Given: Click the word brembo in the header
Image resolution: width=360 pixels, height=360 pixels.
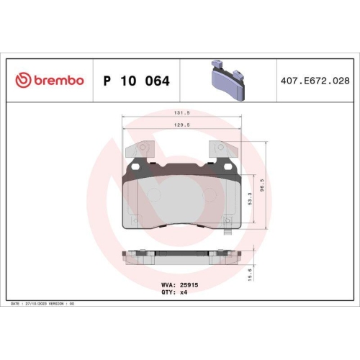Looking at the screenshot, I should pos(57,81).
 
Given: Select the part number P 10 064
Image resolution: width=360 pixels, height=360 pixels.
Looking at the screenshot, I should pos(137,81).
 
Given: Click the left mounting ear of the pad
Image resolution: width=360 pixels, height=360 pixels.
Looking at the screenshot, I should pos(140,150).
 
